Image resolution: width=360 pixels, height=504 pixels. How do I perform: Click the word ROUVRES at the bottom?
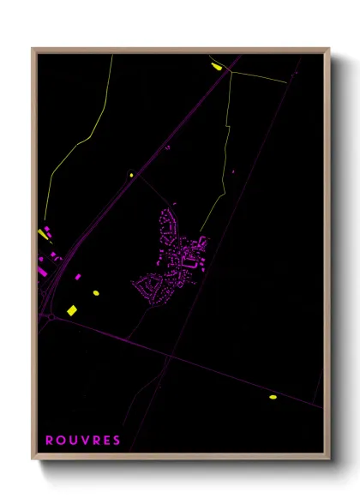83,441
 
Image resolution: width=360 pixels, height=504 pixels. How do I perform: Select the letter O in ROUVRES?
60,441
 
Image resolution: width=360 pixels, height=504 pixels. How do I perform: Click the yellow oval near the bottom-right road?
273,397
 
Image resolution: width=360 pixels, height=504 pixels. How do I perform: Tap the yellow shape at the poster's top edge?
215,65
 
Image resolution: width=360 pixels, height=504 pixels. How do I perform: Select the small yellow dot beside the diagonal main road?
132,176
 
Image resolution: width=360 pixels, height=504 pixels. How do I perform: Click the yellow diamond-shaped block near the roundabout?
72,309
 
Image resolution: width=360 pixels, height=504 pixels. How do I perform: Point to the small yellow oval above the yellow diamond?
96,293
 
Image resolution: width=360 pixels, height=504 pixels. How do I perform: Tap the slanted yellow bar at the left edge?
45,233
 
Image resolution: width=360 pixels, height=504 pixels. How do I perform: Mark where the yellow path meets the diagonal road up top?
231,73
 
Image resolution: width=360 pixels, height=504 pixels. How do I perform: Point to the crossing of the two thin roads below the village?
169,355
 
